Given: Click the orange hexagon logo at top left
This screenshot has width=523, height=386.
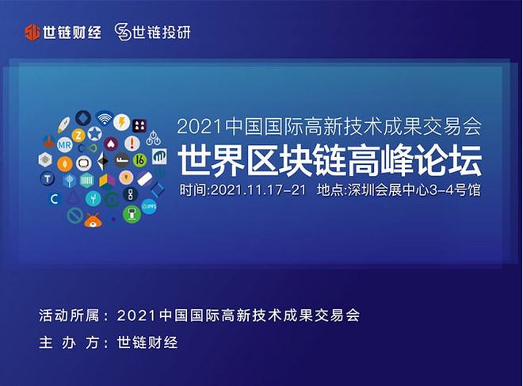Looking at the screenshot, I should pyautogui.click(x=32, y=32).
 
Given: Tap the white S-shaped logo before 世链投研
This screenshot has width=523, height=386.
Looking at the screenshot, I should pyautogui.click(x=122, y=32).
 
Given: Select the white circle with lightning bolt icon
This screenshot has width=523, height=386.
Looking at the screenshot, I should pyautogui.click(x=121, y=122).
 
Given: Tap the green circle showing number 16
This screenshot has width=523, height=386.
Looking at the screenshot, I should pyautogui.click(x=140, y=159).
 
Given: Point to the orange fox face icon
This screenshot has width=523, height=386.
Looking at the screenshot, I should pyautogui.click(x=93, y=218).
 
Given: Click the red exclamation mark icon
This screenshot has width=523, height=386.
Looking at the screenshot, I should pyautogui.click(x=132, y=143).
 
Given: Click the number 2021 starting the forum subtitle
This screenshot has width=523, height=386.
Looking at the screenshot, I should pyautogui.click(x=200, y=127).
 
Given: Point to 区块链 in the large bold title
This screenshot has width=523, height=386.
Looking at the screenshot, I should pyautogui.click(x=302, y=159).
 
